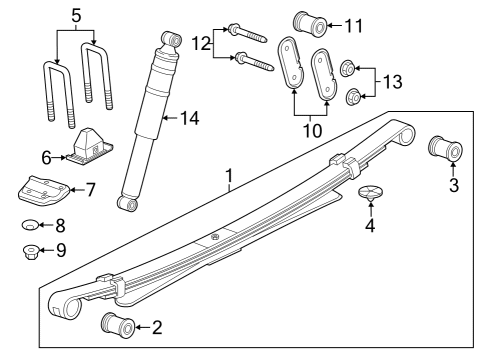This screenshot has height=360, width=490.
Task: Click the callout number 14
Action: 190,118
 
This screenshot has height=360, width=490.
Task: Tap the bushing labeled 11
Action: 310,24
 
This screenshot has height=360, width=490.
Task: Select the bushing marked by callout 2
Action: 118,326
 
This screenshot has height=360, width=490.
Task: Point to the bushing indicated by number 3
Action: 445,148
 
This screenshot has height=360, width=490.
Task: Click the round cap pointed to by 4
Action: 370,193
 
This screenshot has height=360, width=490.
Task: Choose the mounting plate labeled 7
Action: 43,189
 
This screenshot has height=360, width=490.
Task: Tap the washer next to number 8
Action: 30,225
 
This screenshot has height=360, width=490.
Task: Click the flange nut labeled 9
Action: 31,251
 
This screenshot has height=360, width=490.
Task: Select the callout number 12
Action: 201,43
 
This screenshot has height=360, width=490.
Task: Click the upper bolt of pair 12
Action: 247,34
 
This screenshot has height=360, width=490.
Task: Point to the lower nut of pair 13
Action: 353,96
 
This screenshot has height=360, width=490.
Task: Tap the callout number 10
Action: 312,131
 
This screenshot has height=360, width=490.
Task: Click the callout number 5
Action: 76,16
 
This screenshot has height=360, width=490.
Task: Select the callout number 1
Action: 229,175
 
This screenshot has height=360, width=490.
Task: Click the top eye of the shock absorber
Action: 172,39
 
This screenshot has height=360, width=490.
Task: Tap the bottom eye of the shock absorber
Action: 127,203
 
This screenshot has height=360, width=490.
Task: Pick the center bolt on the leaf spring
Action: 214,237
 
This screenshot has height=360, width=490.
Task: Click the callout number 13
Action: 392,82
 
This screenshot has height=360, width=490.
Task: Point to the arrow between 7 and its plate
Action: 77,190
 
